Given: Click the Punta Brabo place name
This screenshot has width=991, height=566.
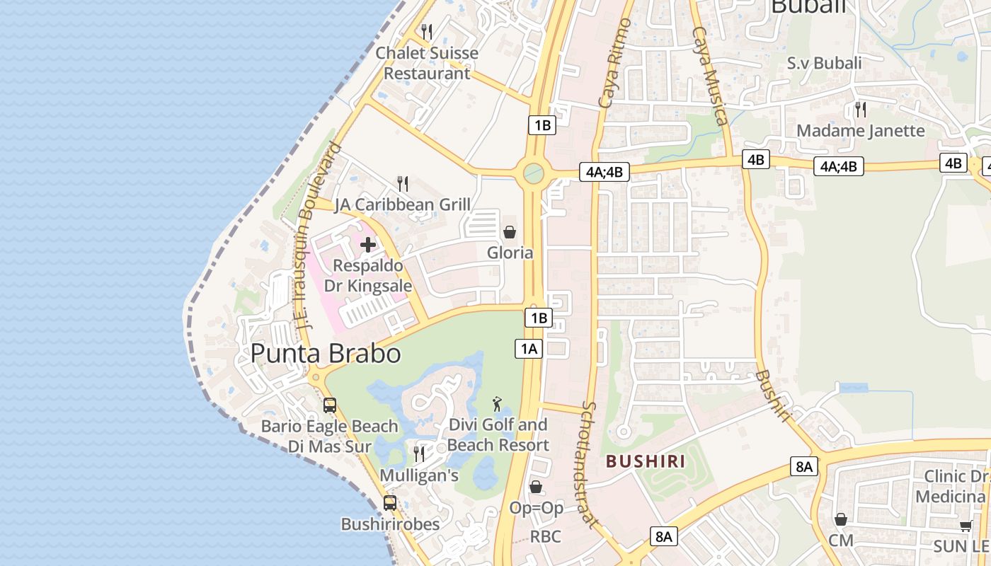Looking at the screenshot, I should (x=326, y=353).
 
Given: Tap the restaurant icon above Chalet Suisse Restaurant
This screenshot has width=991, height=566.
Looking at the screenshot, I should (x=426, y=32).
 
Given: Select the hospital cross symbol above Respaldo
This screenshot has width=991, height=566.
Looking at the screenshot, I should (x=368, y=245).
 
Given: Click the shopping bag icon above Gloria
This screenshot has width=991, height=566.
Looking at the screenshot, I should (x=509, y=231).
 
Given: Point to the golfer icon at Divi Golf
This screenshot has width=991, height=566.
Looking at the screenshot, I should (x=498, y=404).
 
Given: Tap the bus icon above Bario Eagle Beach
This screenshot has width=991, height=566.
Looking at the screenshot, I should (x=330, y=405).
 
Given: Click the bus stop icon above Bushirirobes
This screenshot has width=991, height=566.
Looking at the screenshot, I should (x=390, y=503).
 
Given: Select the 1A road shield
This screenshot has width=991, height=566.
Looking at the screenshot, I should (x=529, y=348).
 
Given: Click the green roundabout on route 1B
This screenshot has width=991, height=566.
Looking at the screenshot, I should (x=534, y=173).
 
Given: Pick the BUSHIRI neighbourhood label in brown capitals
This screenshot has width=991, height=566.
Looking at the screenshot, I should (x=646, y=462).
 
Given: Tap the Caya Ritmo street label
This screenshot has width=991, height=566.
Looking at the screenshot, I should (x=614, y=64).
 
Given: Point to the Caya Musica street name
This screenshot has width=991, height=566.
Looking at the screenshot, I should (x=710, y=76).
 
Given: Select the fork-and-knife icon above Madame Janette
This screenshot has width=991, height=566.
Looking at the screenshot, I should (x=861, y=109).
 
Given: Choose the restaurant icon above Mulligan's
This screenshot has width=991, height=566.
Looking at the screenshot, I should (x=419, y=454).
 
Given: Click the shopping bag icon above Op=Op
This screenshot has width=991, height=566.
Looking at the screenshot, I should (x=536, y=487).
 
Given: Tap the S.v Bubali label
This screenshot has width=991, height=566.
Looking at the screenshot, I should (x=824, y=63).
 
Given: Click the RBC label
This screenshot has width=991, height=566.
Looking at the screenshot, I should (x=545, y=536).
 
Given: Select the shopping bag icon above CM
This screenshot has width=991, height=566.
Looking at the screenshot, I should (x=840, y=519).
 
